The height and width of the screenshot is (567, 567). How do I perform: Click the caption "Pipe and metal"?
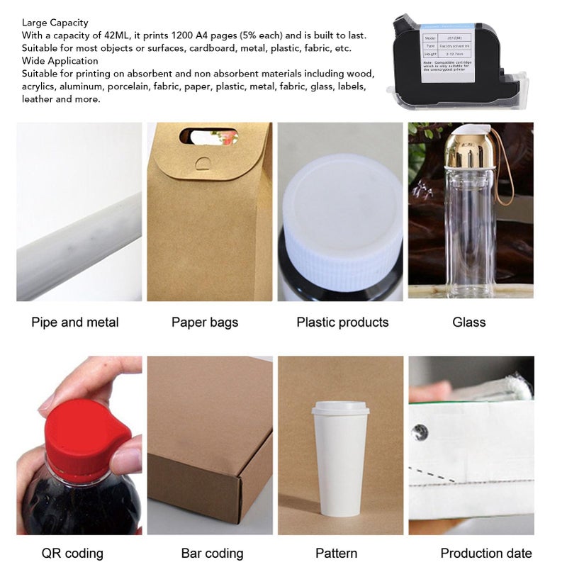tap(75, 322)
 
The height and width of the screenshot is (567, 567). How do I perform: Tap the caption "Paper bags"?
tap(205, 322)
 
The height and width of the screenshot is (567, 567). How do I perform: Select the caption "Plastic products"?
tap(342, 322)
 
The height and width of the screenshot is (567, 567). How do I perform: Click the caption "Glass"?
tap(469, 322)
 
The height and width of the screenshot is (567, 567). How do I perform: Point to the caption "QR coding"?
tap(72, 554)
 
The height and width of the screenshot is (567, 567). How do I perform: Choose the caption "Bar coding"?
tap(212, 554)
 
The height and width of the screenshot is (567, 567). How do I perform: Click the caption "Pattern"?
tap(336, 554)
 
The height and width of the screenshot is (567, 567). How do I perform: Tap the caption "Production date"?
tap(486, 554)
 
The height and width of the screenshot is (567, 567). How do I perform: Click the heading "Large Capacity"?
tap(55, 23)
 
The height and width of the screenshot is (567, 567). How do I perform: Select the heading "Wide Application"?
tap(60, 61)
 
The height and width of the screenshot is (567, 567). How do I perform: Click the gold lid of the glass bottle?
tap(467, 148)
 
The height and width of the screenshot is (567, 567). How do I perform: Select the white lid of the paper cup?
tap(340, 408)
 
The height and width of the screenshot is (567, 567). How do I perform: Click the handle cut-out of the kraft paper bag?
tap(208, 135)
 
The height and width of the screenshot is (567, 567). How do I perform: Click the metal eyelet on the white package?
tap(420, 432)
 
